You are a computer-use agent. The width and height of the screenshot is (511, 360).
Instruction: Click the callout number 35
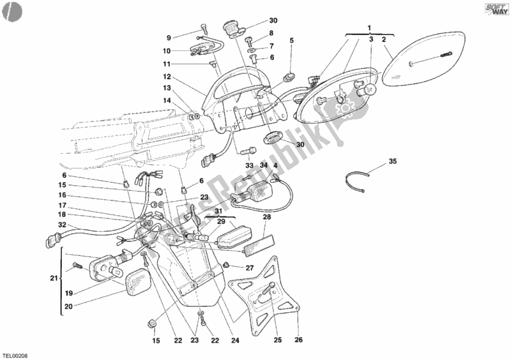[x=392, y=162]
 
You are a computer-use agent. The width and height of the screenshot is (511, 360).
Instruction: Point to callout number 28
[x=267, y=218]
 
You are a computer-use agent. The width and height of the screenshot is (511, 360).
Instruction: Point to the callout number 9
[x=169, y=37]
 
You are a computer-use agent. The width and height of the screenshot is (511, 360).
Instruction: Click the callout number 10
[x=165, y=50]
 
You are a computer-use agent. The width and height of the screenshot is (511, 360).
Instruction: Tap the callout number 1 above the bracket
[x=369, y=27]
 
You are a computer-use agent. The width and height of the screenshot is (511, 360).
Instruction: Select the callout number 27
[x=250, y=268]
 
